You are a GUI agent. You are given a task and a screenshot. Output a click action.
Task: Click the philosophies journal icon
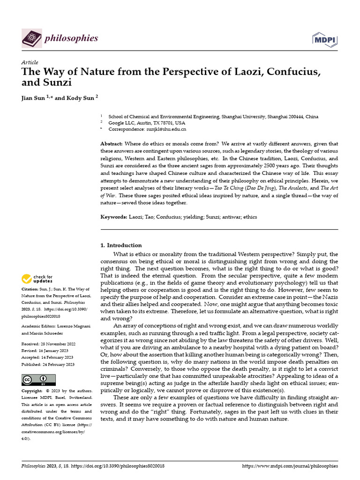(x=32, y=38)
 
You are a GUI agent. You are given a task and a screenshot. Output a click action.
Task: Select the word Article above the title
(x=30, y=63)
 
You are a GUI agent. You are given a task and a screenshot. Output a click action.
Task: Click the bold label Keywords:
(x=114, y=217)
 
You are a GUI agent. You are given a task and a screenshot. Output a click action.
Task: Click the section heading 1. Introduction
(x=121, y=245)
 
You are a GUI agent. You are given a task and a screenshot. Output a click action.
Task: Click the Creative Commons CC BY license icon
(x=38, y=380)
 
